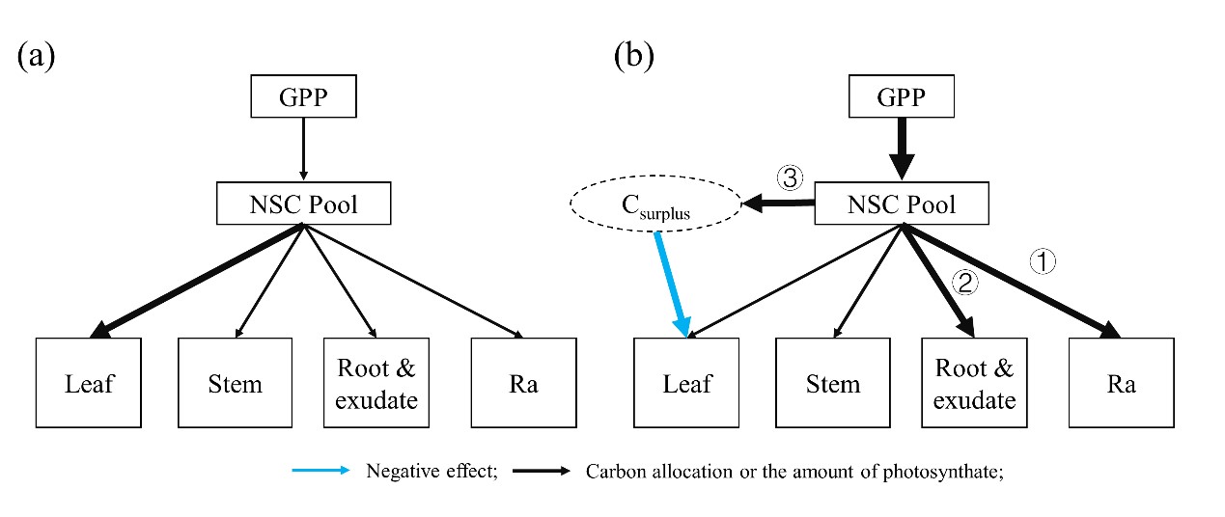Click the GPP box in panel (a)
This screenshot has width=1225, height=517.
click(x=303, y=96)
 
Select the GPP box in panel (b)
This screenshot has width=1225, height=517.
click(x=901, y=97)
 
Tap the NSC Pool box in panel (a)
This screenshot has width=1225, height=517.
click(x=303, y=204)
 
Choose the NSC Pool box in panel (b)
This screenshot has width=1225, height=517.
click(x=901, y=204)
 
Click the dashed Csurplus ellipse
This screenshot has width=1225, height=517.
click(x=656, y=205)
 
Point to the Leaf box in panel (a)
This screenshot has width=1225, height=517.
click(x=89, y=383)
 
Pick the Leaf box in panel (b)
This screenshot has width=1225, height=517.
click(x=687, y=383)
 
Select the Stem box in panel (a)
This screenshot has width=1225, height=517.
click(x=235, y=383)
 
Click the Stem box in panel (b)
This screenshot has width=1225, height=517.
click(x=832, y=383)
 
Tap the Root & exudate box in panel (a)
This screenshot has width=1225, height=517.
click(x=377, y=383)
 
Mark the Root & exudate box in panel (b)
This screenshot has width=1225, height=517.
click(x=975, y=383)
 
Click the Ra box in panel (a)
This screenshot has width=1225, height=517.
click(x=522, y=383)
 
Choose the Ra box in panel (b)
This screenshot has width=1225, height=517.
click(x=1120, y=383)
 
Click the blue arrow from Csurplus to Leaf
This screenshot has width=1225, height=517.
click(x=672, y=284)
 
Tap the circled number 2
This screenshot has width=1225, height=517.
click(x=964, y=282)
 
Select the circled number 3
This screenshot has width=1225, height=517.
click(x=790, y=178)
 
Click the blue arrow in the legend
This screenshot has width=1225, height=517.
click(x=322, y=472)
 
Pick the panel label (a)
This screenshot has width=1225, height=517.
click(x=36, y=55)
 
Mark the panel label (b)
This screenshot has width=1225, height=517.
click(x=633, y=55)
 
